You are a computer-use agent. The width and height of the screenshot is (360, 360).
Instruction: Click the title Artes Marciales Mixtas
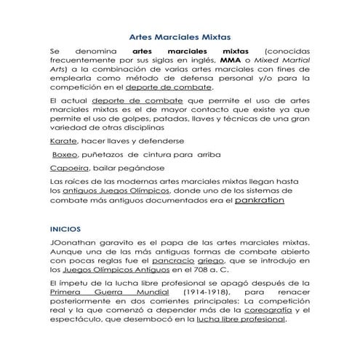pyautogui.click(x=179, y=35)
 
